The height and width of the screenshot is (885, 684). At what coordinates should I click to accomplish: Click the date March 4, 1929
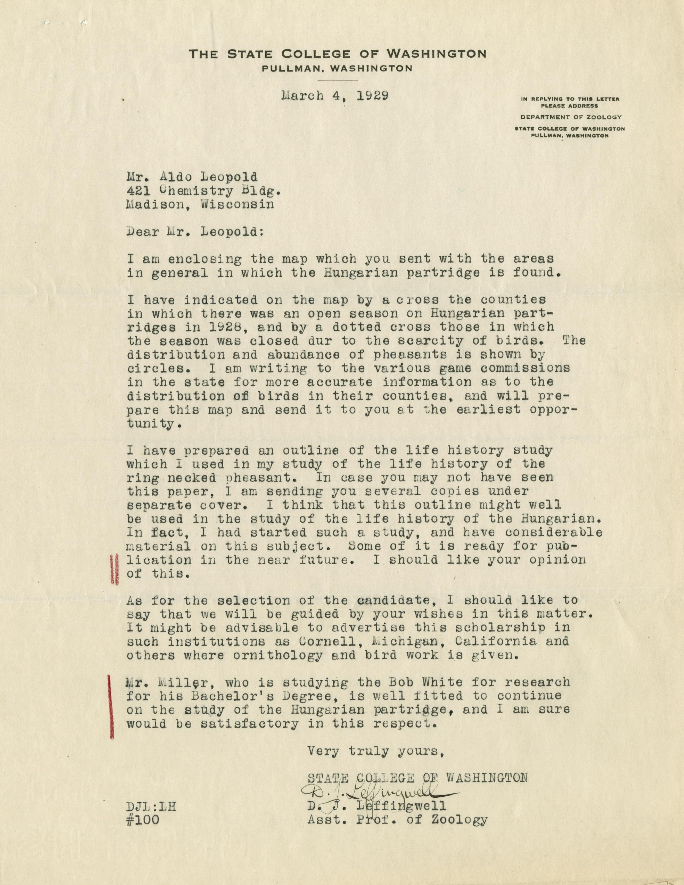point(335,96)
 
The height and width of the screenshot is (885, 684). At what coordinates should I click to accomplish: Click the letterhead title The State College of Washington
point(338,54)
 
